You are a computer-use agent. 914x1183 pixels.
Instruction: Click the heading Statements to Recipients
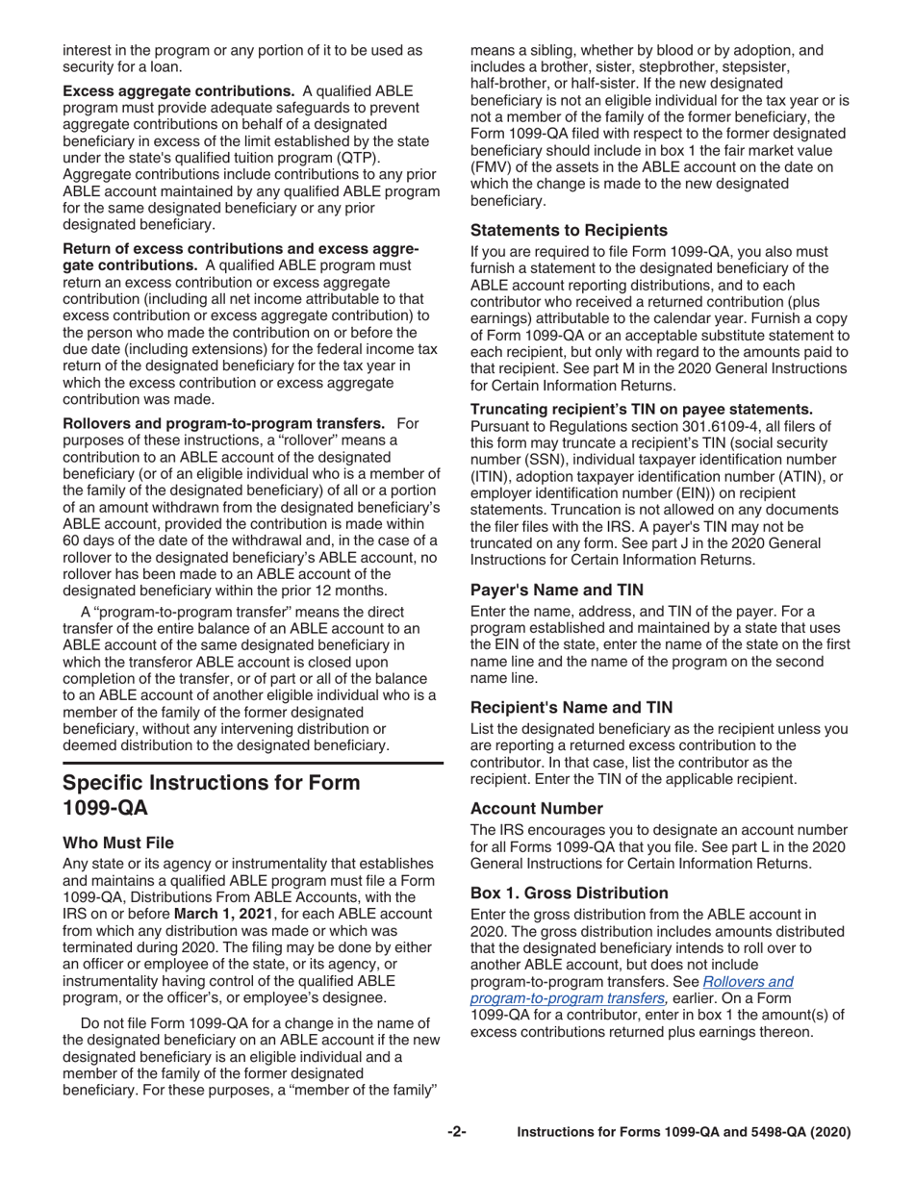(569, 230)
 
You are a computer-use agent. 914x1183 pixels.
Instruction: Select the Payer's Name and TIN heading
(557, 590)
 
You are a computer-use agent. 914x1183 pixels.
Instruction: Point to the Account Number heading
(537, 808)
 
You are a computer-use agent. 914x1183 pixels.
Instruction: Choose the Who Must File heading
(118, 843)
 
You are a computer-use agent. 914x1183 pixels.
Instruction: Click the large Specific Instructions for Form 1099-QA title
(212, 794)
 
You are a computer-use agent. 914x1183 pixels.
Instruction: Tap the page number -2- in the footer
(457, 1132)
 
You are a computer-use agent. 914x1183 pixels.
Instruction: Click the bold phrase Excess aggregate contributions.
(179, 90)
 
